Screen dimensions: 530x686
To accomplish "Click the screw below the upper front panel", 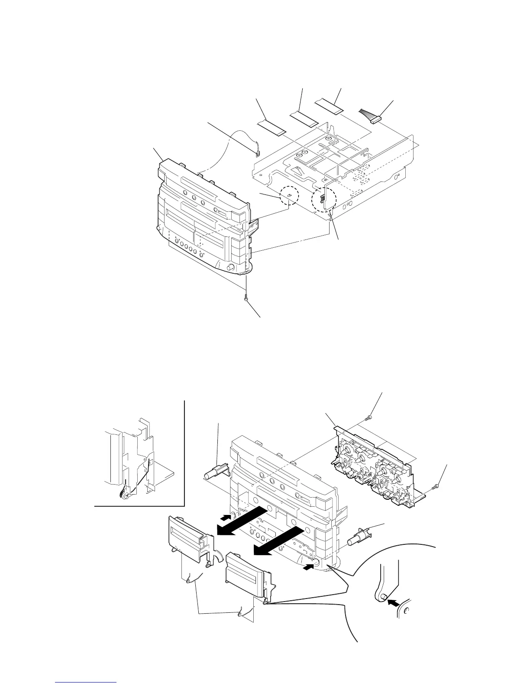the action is click(x=246, y=298).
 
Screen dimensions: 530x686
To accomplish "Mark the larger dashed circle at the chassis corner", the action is click(x=324, y=199).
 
